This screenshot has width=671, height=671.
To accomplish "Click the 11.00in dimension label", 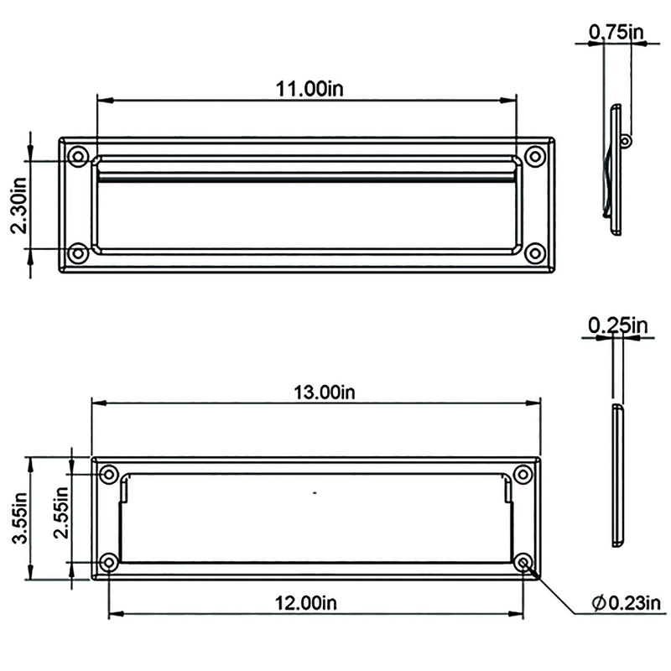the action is [309, 89].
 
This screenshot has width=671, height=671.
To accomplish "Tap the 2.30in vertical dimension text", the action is [18, 205].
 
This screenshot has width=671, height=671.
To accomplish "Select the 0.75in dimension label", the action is [616, 32].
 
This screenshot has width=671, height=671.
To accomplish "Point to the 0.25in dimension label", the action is [618, 326].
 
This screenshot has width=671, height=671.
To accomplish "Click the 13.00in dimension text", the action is [325, 393].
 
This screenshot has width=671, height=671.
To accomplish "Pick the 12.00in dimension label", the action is [305, 603].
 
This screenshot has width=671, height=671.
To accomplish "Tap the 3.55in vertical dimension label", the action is [20, 518].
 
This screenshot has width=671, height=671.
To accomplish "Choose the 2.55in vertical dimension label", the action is [60, 512].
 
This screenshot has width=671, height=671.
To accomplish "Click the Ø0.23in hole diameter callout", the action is [626, 603].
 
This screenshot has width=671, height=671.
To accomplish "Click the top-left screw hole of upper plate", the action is [78, 156].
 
